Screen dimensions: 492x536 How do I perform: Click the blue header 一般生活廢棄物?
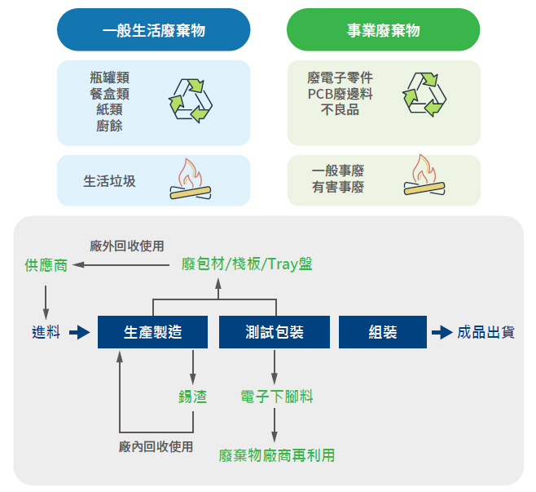153,30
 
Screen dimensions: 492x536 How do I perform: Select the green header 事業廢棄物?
383,30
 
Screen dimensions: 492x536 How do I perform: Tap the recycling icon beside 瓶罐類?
190,100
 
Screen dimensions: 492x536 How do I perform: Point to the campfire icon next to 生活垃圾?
190,180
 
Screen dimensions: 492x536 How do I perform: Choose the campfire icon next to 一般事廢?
424,176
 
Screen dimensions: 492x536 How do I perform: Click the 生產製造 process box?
152,332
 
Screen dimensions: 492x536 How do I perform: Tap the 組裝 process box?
383,332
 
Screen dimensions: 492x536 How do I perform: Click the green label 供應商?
46,265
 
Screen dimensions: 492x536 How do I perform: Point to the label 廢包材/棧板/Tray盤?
247,264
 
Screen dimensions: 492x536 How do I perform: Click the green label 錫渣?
193,397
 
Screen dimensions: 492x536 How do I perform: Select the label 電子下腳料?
277,397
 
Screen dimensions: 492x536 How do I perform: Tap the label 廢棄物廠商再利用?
277,455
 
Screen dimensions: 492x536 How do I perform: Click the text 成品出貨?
485,332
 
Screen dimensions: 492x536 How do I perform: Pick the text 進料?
46,332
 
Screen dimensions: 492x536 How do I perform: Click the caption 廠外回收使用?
127,246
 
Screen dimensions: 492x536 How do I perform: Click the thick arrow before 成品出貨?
441,332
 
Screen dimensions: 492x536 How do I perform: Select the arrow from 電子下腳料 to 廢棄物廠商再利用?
275,424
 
